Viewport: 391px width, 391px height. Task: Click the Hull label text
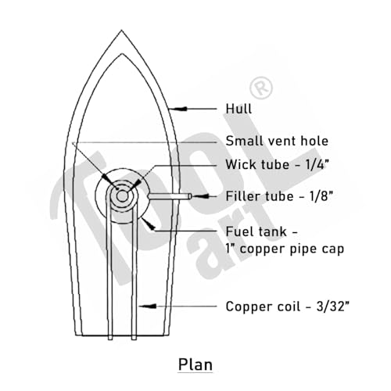coord(239,109)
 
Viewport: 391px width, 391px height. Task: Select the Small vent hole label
coord(277,141)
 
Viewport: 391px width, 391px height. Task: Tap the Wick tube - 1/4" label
coord(278,164)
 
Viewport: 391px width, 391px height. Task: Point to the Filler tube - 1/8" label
coord(279,196)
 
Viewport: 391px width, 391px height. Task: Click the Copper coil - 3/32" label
coord(287,307)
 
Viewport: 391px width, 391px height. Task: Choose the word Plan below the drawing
coord(195,364)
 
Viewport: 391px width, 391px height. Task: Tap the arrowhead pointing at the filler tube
coord(200,196)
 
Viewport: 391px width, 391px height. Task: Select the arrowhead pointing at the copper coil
coord(148,306)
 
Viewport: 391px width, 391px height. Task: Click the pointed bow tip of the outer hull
coord(121,30)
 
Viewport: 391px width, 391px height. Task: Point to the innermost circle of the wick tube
coord(122,196)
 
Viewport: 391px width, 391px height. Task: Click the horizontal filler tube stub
coord(170,196)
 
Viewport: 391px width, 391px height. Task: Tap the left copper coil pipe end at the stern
coord(110,337)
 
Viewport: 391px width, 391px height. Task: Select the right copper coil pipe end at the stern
coord(134,337)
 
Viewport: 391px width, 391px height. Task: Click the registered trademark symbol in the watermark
coord(261,88)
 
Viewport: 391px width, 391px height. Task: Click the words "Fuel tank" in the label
coord(256,231)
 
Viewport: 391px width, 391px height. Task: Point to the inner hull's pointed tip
coord(122,54)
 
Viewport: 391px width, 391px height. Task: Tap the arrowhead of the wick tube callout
coord(135,185)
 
